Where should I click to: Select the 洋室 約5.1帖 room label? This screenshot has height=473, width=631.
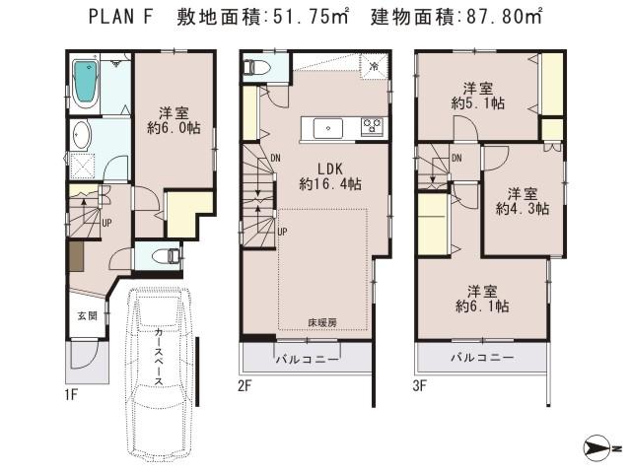pyautogui.click(x=479, y=92)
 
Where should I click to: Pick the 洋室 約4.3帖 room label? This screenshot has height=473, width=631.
pyautogui.click(x=523, y=200)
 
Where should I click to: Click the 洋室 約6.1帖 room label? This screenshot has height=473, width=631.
pyautogui.click(x=481, y=300)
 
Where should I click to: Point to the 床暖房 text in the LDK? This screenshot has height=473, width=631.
pyautogui.click(x=323, y=322)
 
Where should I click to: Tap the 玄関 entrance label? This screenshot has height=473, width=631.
pyautogui.click(x=88, y=316)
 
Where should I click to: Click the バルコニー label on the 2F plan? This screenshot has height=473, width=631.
pyautogui.click(x=307, y=359)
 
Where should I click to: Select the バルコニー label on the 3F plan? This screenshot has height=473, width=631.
pyautogui.click(x=481, y=359)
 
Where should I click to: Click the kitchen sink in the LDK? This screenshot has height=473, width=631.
pyautogui.click(x=326, y=127)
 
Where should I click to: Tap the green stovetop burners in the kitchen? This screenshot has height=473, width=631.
pyautogui.click(x=372, y=125)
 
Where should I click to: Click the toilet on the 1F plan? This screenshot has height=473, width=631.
pyautogui.click(x=169, y=256)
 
